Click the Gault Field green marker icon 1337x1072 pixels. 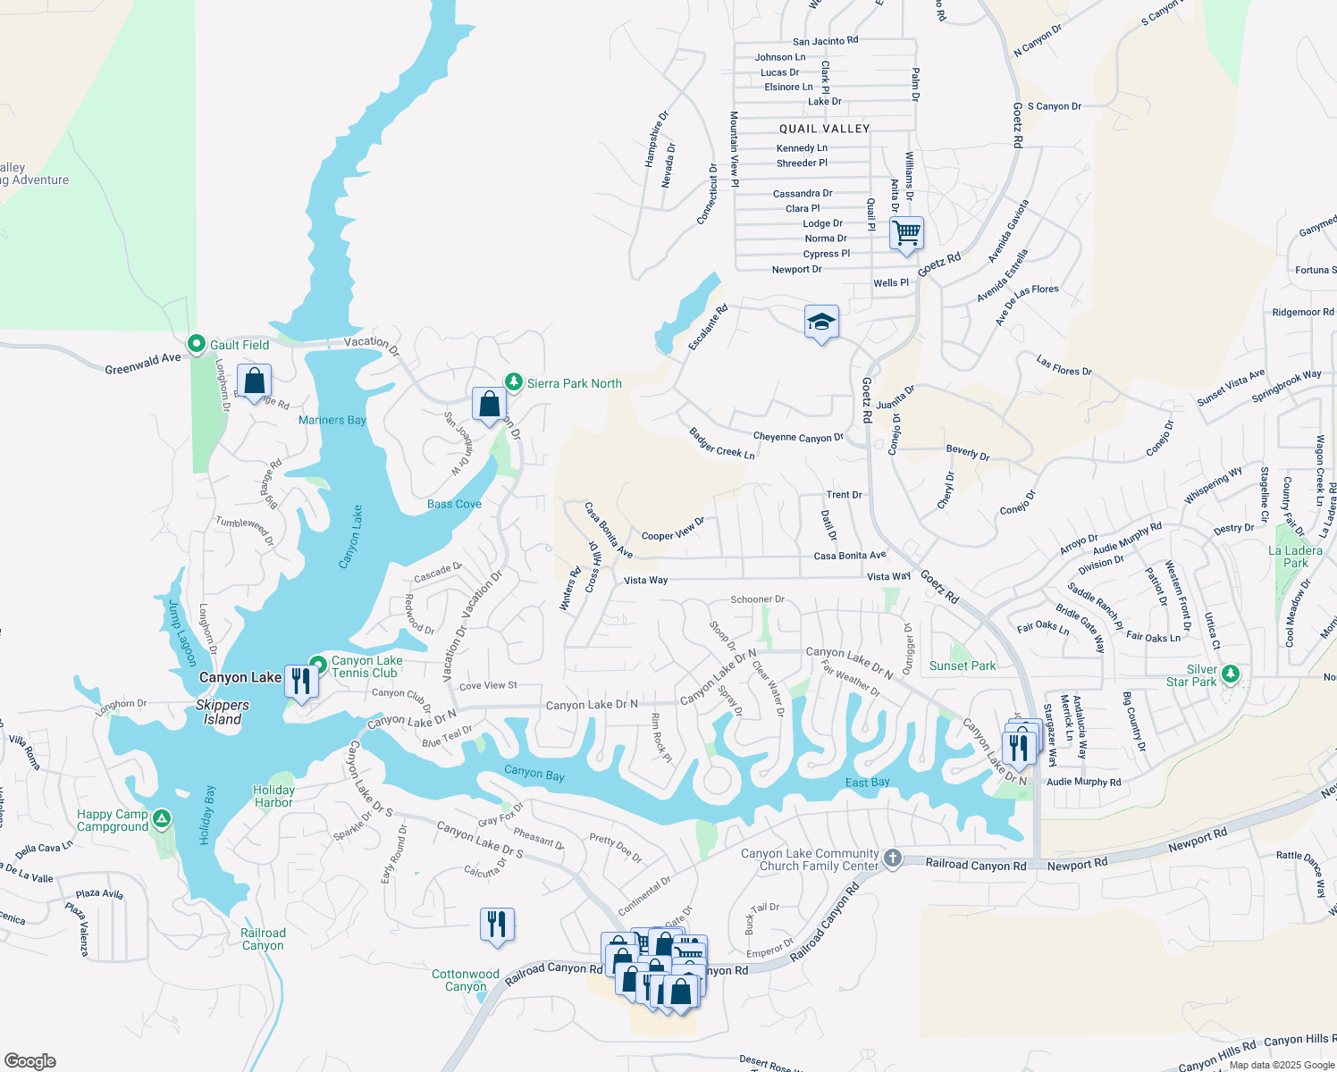coord(197,344)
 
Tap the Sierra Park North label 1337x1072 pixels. coord(574,383)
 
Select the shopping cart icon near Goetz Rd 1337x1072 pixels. coord(906,233)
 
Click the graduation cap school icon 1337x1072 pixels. coord(820,322)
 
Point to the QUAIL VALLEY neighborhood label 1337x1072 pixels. coord(824,129)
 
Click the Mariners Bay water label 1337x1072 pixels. coord(332,420)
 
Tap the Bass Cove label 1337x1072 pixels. coord(454,504)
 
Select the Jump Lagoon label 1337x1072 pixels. coord(182,632)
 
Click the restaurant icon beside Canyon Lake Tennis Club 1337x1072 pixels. coord(301,682)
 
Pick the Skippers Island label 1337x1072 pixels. coord(223,712)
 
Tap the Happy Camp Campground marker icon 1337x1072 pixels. coord(162,818)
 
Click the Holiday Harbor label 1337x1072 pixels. coord(273,796)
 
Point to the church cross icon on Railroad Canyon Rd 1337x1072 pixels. coord(892,859)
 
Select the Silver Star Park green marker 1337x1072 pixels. coord(1231,674)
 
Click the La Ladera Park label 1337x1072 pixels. coord(1295,557)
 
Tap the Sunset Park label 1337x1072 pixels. coord(962,666)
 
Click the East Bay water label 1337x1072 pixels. coord(867,783)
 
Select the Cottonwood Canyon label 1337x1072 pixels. coord(466,980)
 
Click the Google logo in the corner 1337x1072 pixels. coord(29,1061)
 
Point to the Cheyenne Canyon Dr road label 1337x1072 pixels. coord(798,438)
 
